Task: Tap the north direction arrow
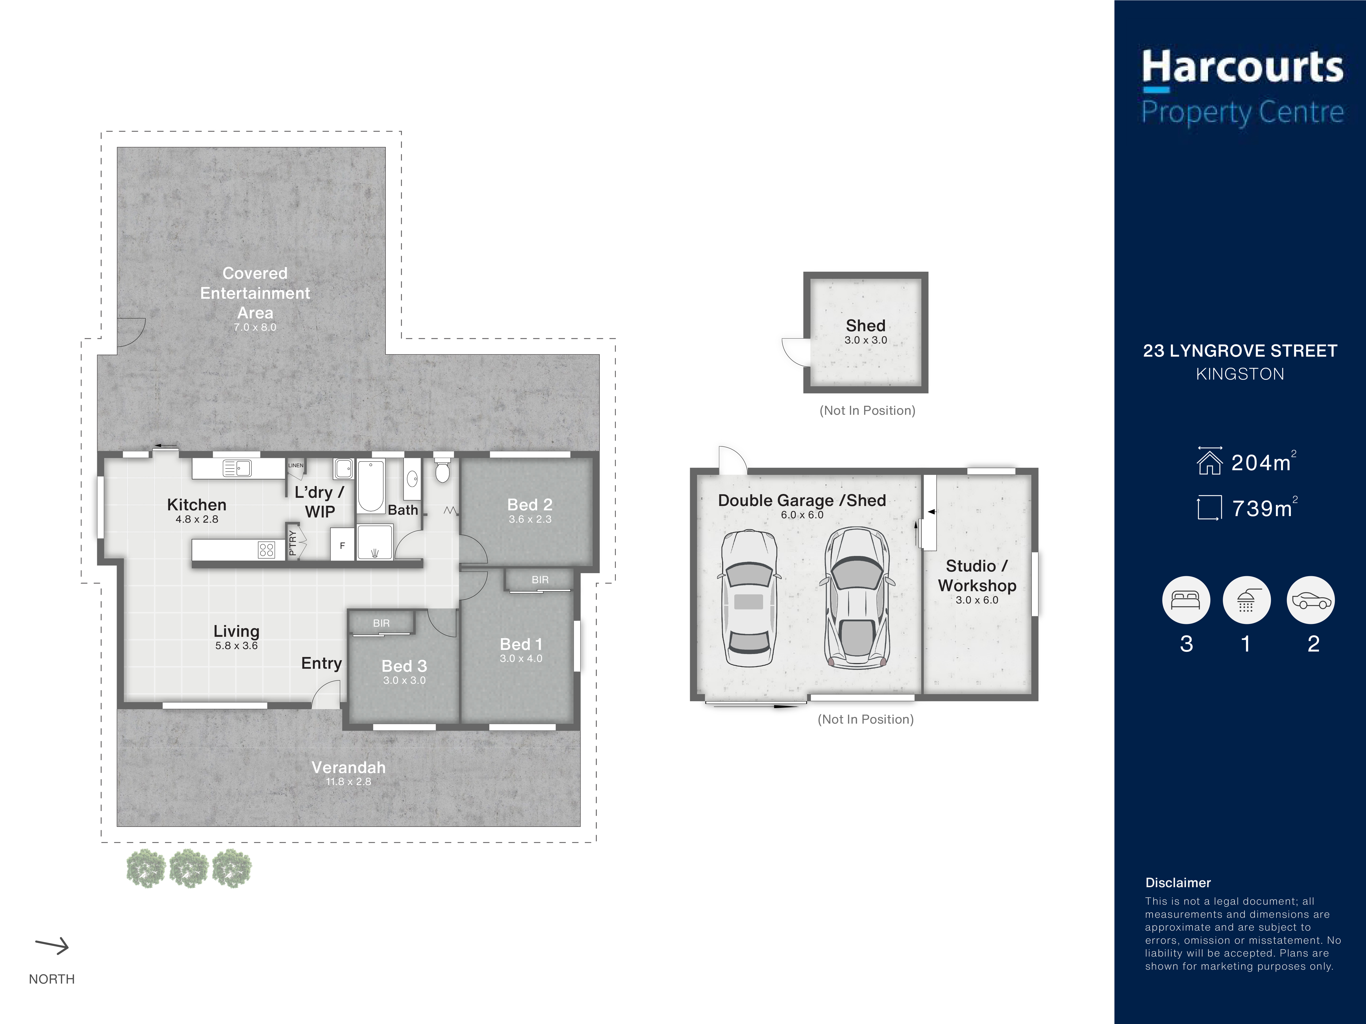pos(52,946)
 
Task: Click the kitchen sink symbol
pos(237,469)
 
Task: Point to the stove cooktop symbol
pos(266,549)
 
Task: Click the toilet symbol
pos(442,469)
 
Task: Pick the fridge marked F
pos(342,544)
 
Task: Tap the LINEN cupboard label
pos(296,465)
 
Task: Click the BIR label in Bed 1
pos(540,580)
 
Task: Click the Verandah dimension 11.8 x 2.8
pos(348,782)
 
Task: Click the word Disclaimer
pos(1178,883)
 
